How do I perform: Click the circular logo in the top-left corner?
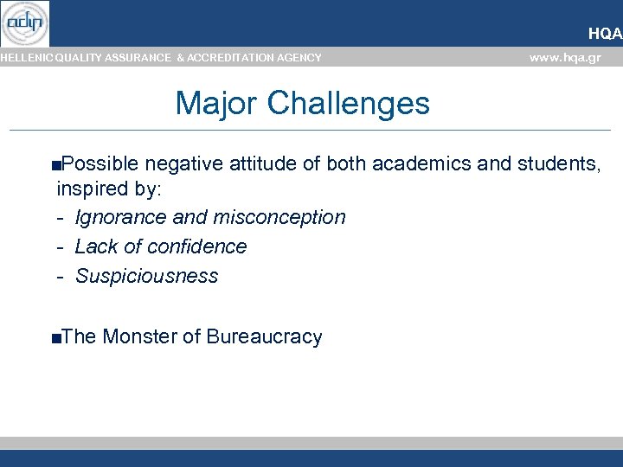point(25,23)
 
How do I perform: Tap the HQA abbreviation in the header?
point(605,34)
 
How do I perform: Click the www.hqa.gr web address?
point(564,58)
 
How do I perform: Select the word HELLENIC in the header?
point(27,58)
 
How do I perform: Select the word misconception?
point(279,217)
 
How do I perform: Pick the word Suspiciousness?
point(146,276)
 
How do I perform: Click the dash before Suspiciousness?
point(61,277)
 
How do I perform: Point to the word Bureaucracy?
point(264,337)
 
